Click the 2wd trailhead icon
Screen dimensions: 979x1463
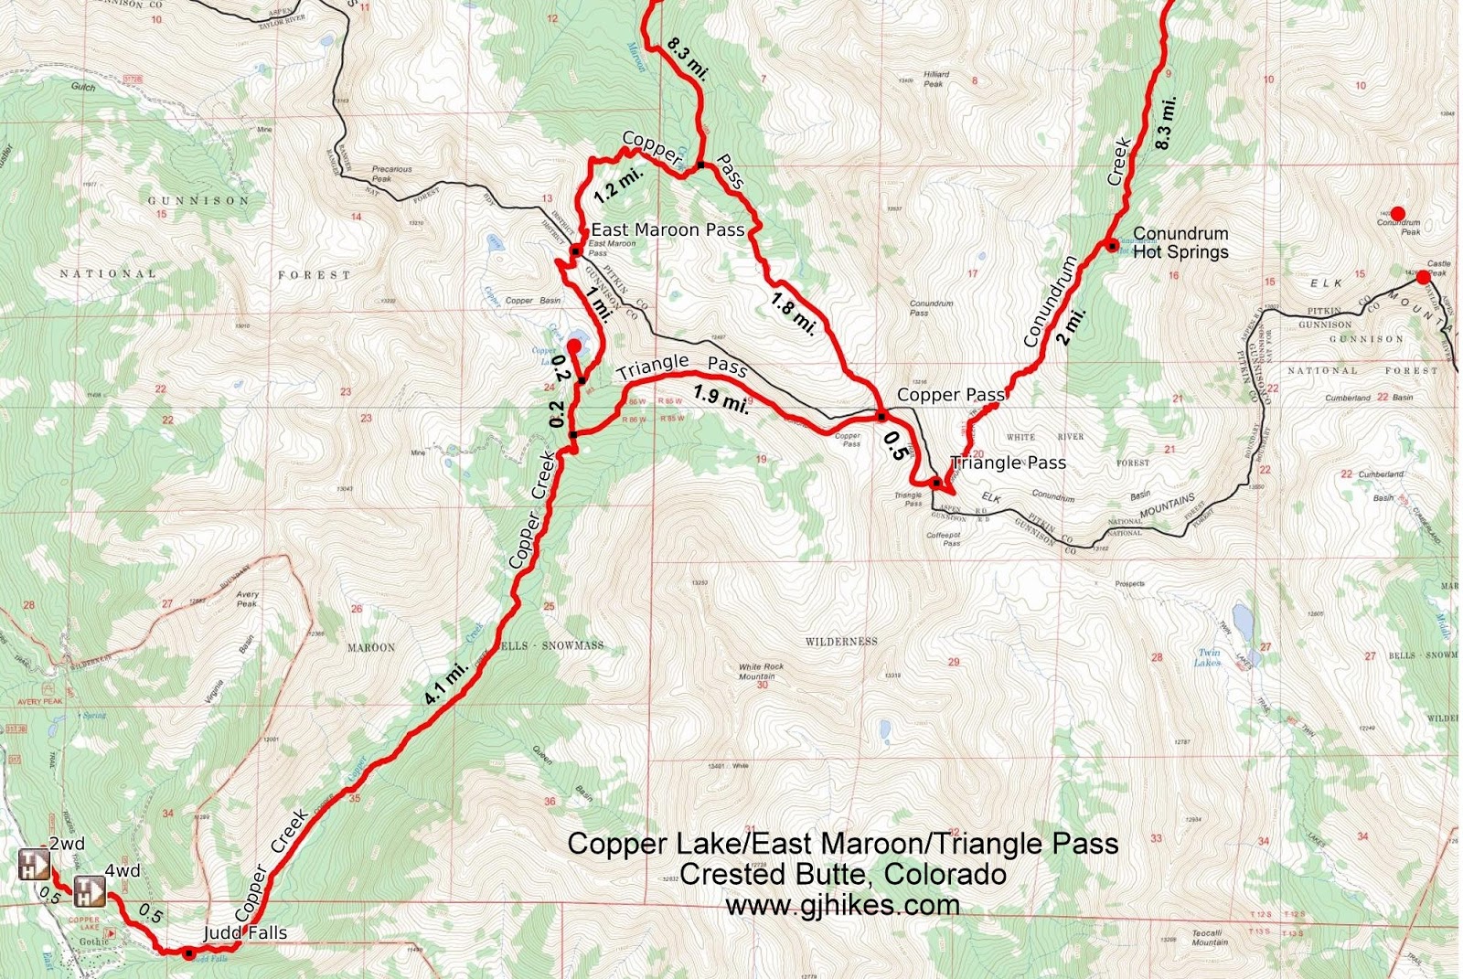pos(34,865)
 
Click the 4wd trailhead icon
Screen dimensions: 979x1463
pos(89,889)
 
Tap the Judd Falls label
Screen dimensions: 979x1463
pos(245,932)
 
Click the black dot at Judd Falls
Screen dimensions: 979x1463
pos(188,953)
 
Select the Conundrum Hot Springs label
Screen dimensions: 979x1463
pos(1180,242)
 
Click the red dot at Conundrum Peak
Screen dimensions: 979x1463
pos(1397,214)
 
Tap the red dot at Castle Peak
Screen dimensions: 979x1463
pos(1423,277)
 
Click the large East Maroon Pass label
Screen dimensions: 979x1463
pos(667,230)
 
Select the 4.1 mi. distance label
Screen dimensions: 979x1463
pos(446,682)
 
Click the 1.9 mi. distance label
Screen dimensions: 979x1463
pos(721,399)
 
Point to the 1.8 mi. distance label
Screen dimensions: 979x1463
pos(793,313)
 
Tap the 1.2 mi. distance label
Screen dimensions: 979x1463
pos(619,185)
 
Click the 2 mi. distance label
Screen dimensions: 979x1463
pos(1072,325)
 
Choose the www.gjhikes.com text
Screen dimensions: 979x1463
pos(842,905)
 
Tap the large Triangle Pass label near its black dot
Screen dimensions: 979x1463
pos(1009,463)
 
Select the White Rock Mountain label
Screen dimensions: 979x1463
pos(762,671)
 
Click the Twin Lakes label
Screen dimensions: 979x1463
pos(1209,657)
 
